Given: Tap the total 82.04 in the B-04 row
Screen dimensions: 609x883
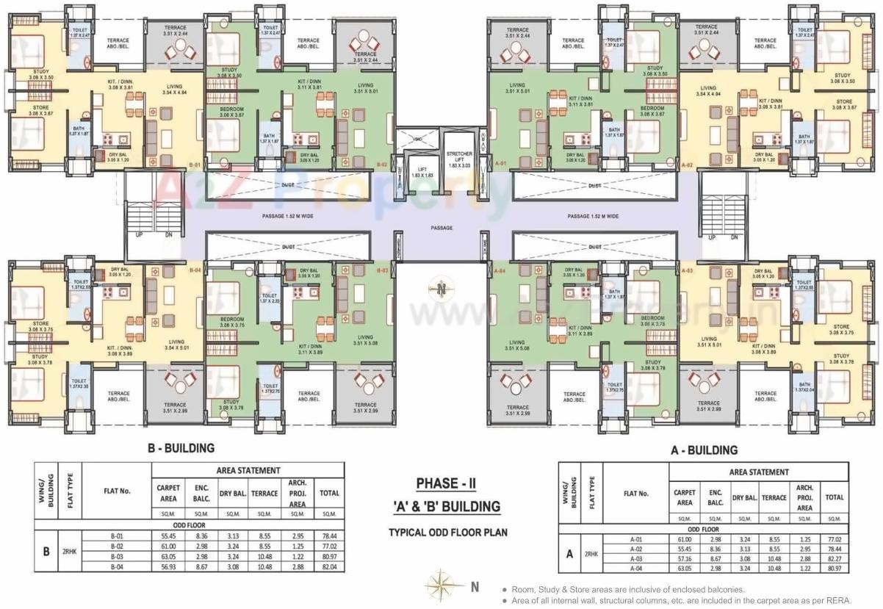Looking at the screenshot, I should click(x=328, y=567).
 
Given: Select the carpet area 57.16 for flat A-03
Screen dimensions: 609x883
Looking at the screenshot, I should click(x=684, y=559).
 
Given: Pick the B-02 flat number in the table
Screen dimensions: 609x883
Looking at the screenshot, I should click(x=116, y=547).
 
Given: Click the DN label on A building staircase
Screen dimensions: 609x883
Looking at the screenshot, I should click(x=734, y=237).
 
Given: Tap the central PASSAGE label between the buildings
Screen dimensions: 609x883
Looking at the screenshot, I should click(x=441, y=228).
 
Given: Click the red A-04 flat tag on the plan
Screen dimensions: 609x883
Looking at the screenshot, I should click(x=500, y=271).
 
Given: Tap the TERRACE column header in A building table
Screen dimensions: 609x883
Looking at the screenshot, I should click(x=774, y=497).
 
